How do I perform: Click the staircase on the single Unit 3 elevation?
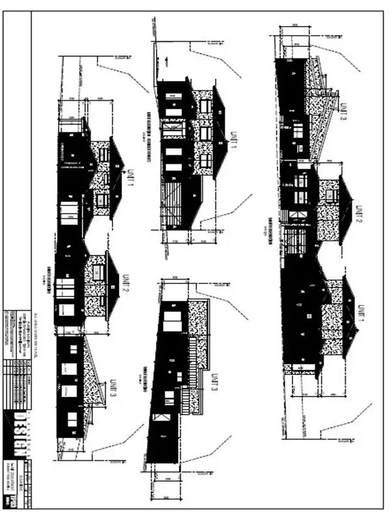[x=186, y=396]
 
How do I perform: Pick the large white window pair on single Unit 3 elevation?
[x=173, y=322]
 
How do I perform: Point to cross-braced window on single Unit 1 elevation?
[x=174, y=131]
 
